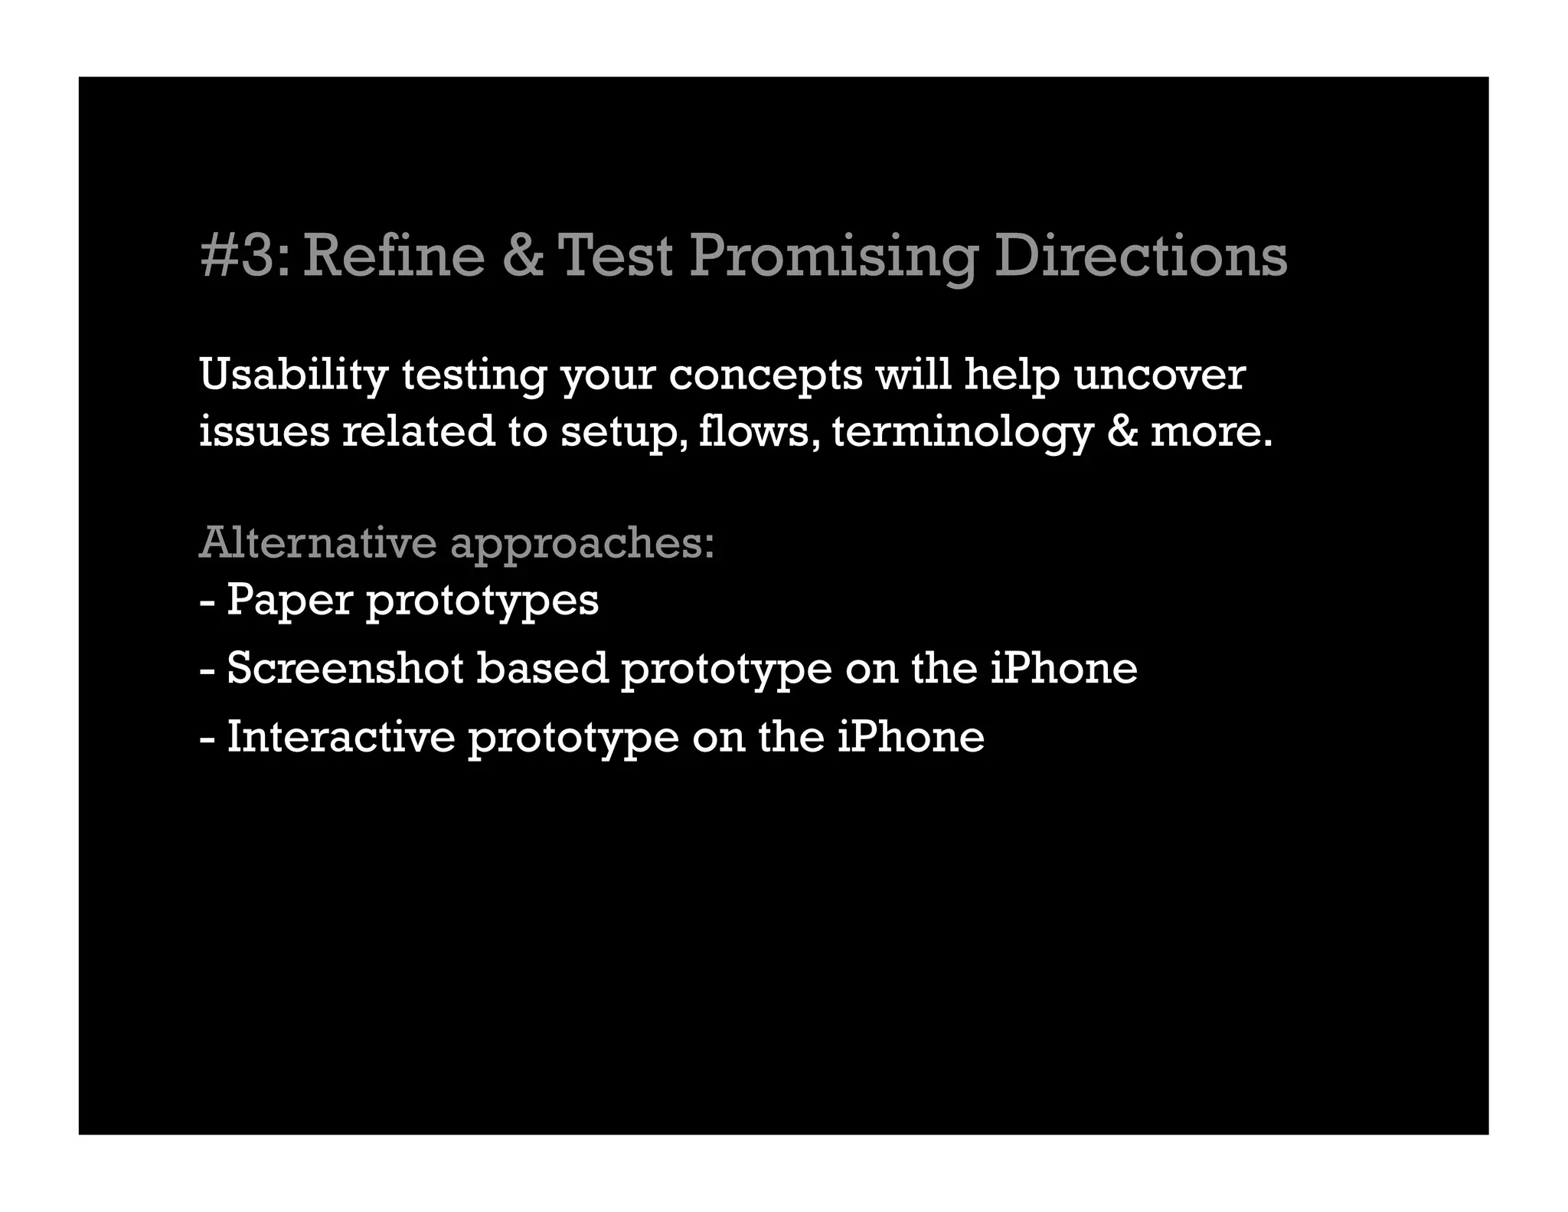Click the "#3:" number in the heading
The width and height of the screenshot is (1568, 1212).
245,256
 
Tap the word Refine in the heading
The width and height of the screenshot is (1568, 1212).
394,256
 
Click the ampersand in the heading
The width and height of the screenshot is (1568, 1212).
523,256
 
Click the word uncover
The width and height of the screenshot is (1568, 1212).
1159,375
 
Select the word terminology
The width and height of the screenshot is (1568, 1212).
961,432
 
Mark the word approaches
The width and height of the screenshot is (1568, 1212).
582,544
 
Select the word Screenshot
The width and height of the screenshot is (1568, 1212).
345,668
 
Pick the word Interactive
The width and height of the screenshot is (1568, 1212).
341,737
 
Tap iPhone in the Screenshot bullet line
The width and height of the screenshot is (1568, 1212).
1063,668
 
